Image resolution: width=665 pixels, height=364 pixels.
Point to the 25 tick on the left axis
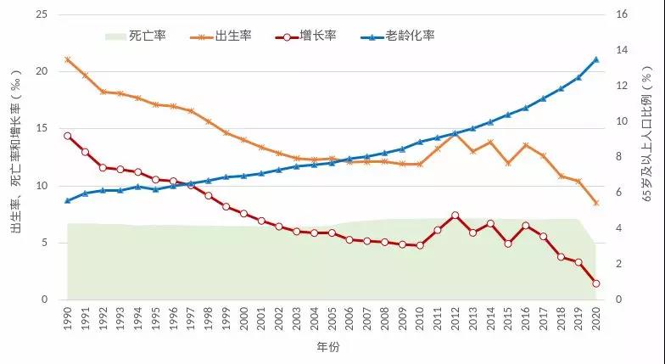[x=41, y=14]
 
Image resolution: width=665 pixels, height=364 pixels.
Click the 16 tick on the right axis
[x=621, y=14]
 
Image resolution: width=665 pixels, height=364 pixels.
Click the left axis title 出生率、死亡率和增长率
[x=15, y=156]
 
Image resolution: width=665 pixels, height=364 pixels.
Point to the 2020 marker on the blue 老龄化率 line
[x=595, y=59]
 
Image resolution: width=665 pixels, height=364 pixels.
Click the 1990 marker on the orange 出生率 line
[x=68, y=59]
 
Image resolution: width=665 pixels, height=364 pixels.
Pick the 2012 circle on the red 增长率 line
[x=455, y=216]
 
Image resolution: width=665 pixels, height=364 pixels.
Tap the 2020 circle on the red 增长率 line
[x=595, y=283]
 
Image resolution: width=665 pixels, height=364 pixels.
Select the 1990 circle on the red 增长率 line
[x=68, y=136]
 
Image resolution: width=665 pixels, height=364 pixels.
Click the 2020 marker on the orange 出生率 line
[x=595, y=203]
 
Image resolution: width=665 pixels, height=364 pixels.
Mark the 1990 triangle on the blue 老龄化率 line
[x=68, y=201]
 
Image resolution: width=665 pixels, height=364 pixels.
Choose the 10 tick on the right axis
[x=621, y=121]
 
